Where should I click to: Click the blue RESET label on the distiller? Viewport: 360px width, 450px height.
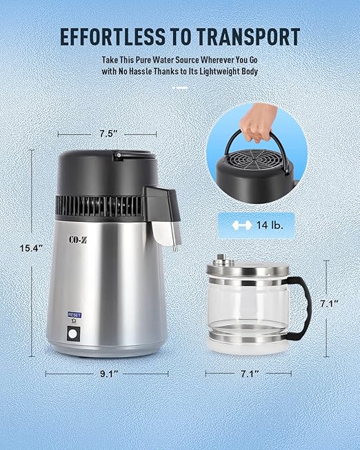(74, 315)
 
